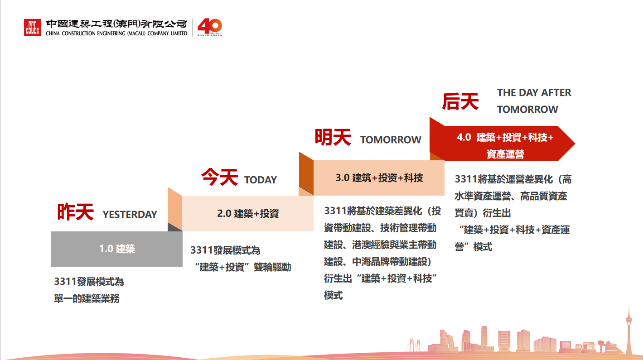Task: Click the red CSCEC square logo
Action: tap(32, 27)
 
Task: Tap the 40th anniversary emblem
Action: tap(210, 27)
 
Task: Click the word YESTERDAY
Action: tap(130, 214)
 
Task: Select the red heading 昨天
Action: tap(76, 211)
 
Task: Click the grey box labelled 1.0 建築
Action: tap(117, 249)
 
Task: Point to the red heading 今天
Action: tap(220, 177)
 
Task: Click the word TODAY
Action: tap(261, 180)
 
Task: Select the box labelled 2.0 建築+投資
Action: tap(248, 214)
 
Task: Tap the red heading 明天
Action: tap(333, 137)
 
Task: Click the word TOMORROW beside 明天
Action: tap(391, 139)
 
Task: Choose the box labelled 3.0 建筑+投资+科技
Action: tap(379, 178)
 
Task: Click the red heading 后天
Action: tap(460, 101)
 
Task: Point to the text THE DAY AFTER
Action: tap(534, 93)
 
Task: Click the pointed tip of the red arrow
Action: tap(575, 144)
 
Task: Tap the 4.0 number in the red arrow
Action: tap(464, 137)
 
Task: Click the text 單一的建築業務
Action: tap(87, 298)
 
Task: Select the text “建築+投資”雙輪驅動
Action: tap(243, 267)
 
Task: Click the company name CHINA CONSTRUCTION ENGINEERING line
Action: tap(116, 33)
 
